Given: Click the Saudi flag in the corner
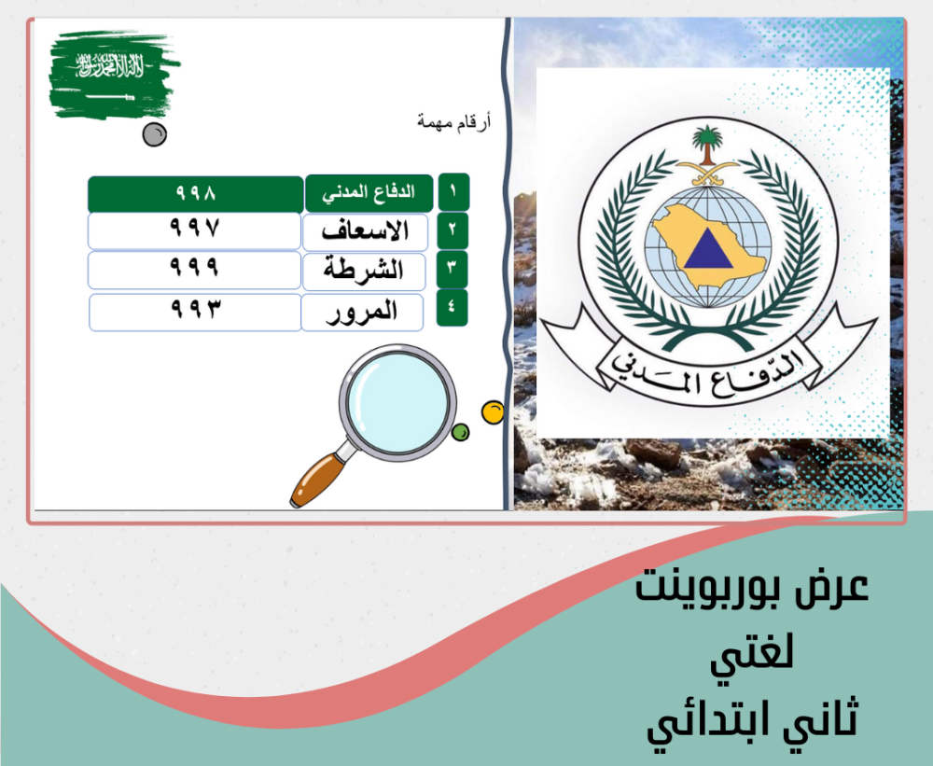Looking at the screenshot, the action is (x=114, y=75).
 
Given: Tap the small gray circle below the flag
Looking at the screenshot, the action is (x=155, y=134).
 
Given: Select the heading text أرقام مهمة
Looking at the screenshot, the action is (x=454, y=122).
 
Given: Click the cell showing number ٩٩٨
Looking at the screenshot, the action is (x=196, y=193).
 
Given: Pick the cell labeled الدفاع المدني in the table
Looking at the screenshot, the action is (x=369, y=193).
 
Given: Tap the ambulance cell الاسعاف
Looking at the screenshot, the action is (x=366, y=232).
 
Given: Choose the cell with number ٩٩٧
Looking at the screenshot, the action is (x=195, y=230).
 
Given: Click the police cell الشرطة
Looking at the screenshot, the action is (x=364, y=272).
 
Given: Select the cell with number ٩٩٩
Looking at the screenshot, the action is (x=195, y=270).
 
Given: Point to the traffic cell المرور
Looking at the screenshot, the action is (x=362, y=312).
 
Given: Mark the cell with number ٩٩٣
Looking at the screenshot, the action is (x=195, y=312).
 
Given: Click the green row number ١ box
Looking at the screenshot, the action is (x=453, y=191).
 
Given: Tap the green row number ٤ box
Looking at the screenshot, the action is (x=453, y=307).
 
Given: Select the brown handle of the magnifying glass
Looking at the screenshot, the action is (x=318, y=480).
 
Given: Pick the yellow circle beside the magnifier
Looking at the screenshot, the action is (x=493, y=412).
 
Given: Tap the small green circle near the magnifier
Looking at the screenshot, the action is (x=461, y=432).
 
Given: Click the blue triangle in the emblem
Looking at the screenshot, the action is (x=708, y=249).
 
